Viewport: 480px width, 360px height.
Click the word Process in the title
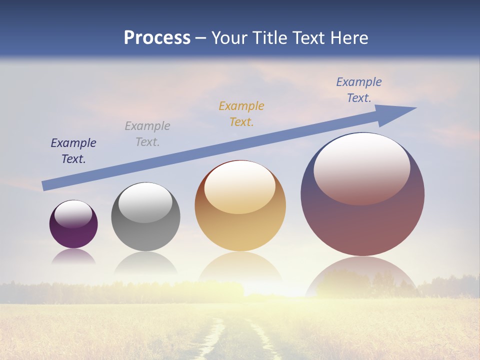[157, 38]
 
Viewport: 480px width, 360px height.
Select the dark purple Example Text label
[73, 151]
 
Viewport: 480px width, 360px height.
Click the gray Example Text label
[147, 133]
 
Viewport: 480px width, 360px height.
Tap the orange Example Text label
[241, 113]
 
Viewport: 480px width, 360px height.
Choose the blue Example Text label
[359, 89]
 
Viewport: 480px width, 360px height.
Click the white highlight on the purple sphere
[73, 214]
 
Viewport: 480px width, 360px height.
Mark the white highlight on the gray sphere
[145, 202]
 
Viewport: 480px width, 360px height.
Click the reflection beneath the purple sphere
[73, 256]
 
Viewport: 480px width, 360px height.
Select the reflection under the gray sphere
[145, 263]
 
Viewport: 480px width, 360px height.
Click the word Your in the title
[227, 38]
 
